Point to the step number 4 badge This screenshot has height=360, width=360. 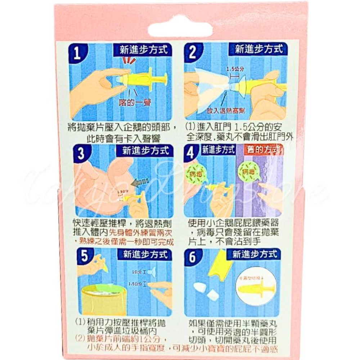(x=191, y=152)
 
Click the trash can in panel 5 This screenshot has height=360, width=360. (x=101, y=299)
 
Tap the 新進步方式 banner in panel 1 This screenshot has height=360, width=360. (x=143, y=50)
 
